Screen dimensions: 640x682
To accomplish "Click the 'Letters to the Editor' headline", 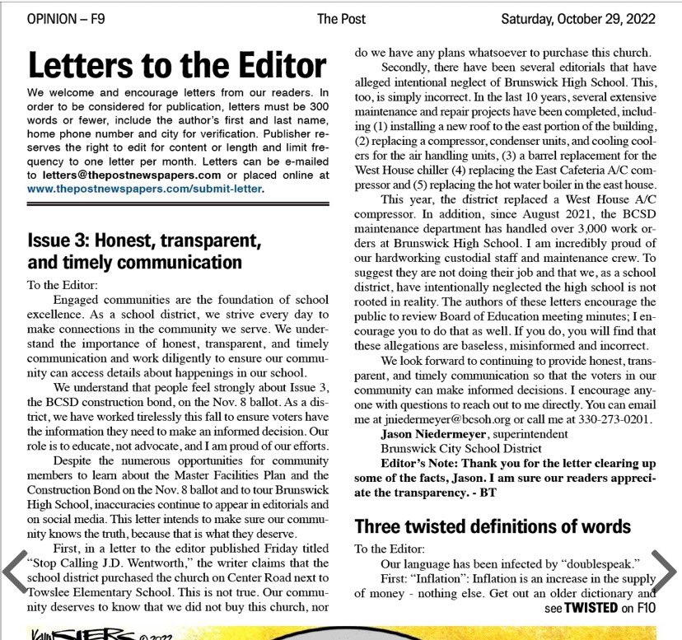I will click(177, 65).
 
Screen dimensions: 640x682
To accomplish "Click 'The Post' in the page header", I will click(342, 18).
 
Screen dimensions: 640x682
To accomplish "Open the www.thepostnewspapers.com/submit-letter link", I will click(145, 189).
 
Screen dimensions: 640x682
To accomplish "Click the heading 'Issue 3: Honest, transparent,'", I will click(145, 242).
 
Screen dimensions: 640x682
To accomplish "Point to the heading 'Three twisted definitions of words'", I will click(493, 526).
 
